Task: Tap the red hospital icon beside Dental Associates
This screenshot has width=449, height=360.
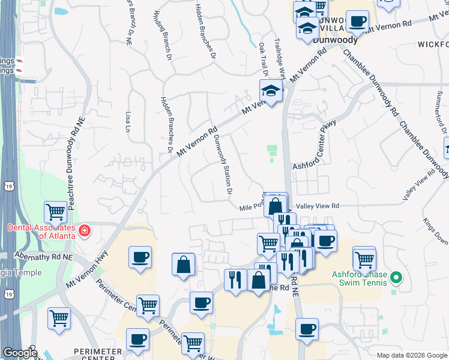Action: point(85,229)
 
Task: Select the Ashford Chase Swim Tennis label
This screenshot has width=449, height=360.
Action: point(359,278)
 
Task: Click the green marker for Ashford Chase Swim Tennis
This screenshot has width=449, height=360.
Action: point(396,277)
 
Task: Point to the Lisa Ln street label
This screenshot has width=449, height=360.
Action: point(127,121)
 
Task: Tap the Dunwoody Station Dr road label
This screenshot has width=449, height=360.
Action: point(223,164)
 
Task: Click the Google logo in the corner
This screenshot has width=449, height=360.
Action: point(19,353)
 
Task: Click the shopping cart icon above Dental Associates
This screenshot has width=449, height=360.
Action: point(56,211)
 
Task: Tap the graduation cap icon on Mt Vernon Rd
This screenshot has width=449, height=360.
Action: point(271,91)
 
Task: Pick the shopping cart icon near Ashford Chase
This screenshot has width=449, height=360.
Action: point(364,259)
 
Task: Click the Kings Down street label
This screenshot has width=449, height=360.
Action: point(436,230)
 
